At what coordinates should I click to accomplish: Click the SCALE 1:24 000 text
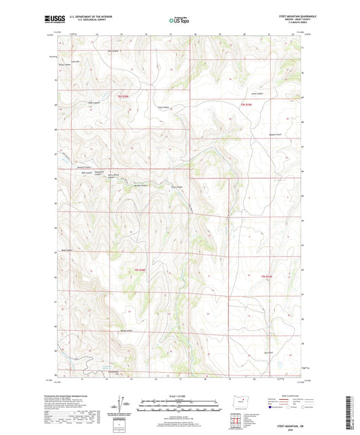pyautogui.click(x=179, y=395)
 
